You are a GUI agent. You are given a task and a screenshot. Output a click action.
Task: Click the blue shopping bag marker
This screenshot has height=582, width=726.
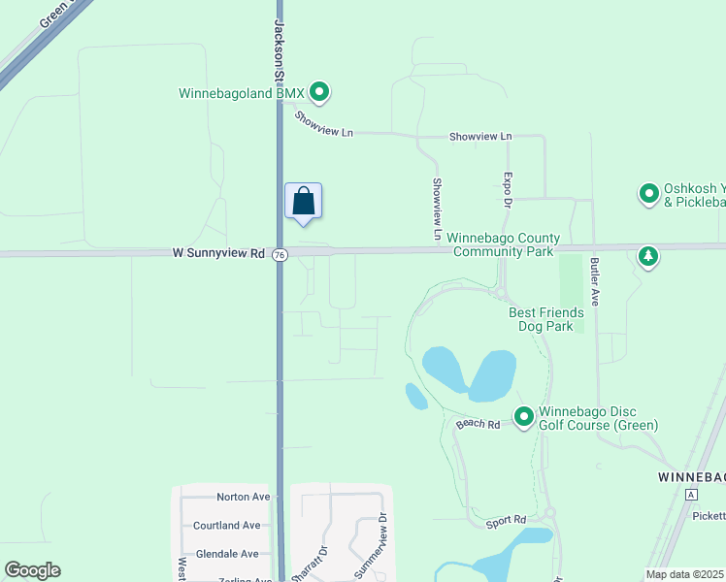coord(303,202)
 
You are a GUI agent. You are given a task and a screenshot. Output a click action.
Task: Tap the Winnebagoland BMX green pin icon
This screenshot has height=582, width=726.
coord(319,93)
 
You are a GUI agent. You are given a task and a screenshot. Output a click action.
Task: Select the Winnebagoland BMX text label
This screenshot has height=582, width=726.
coord(242,94)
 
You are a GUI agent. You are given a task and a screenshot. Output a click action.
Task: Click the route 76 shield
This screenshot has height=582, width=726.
coord(280,254)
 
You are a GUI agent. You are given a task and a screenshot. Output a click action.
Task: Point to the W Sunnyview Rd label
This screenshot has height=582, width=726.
coord(218,253)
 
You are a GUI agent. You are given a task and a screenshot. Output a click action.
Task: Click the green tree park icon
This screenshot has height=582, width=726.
coord(648,256)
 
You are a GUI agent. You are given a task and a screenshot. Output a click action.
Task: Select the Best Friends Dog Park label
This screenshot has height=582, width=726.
coord(546,319)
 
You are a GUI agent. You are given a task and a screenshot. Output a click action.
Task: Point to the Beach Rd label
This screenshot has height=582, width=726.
coord(478,424)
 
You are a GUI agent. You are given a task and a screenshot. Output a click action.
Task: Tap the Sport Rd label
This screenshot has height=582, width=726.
coord(506,523)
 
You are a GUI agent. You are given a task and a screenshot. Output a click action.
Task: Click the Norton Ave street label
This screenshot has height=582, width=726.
coord(244,497)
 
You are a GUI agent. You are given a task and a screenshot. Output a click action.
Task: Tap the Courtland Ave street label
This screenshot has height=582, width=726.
coord(227,525)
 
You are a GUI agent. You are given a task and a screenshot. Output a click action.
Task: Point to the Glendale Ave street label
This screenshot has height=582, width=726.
coord(227,554)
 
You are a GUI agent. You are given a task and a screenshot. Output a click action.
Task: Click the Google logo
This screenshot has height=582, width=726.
coord(32,570)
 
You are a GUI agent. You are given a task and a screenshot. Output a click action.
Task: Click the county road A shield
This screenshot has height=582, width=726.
coord(691,495)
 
